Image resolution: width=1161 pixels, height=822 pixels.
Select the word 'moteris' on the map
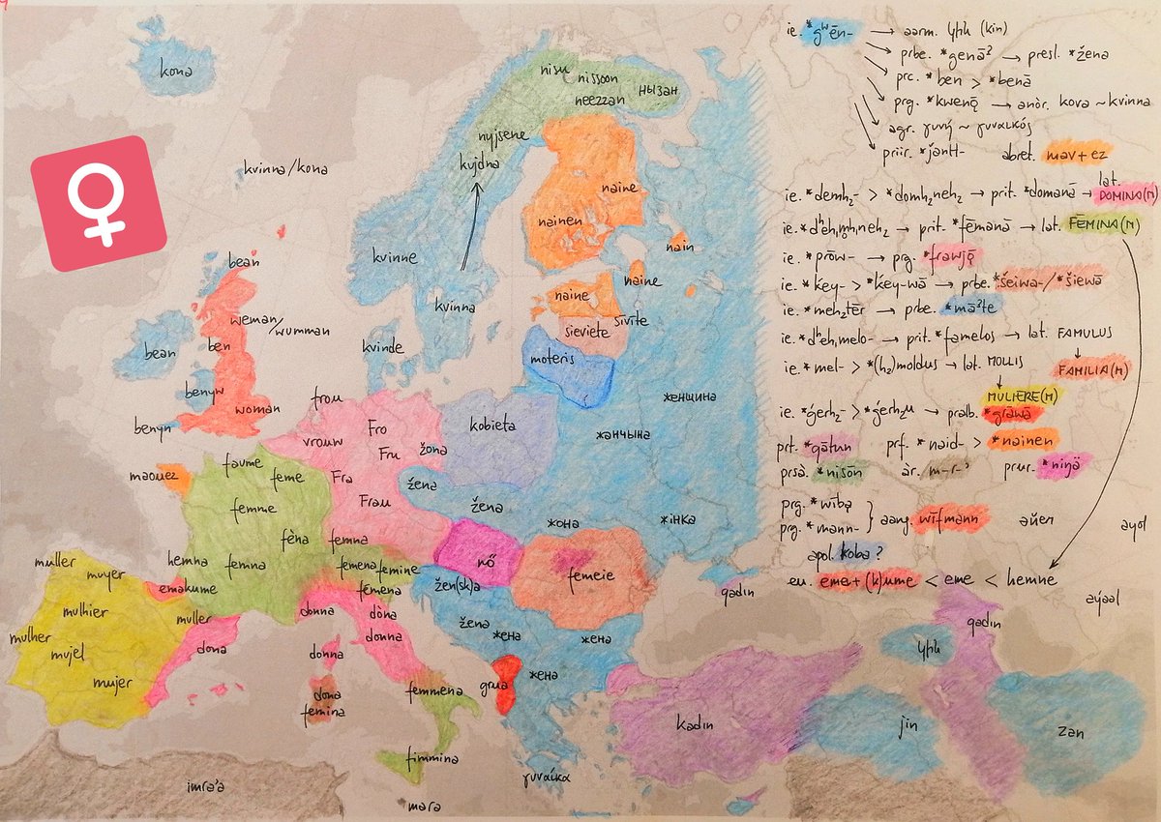[x=553, y=357]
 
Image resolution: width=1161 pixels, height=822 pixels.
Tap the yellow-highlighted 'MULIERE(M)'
[x=1019, y=396]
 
